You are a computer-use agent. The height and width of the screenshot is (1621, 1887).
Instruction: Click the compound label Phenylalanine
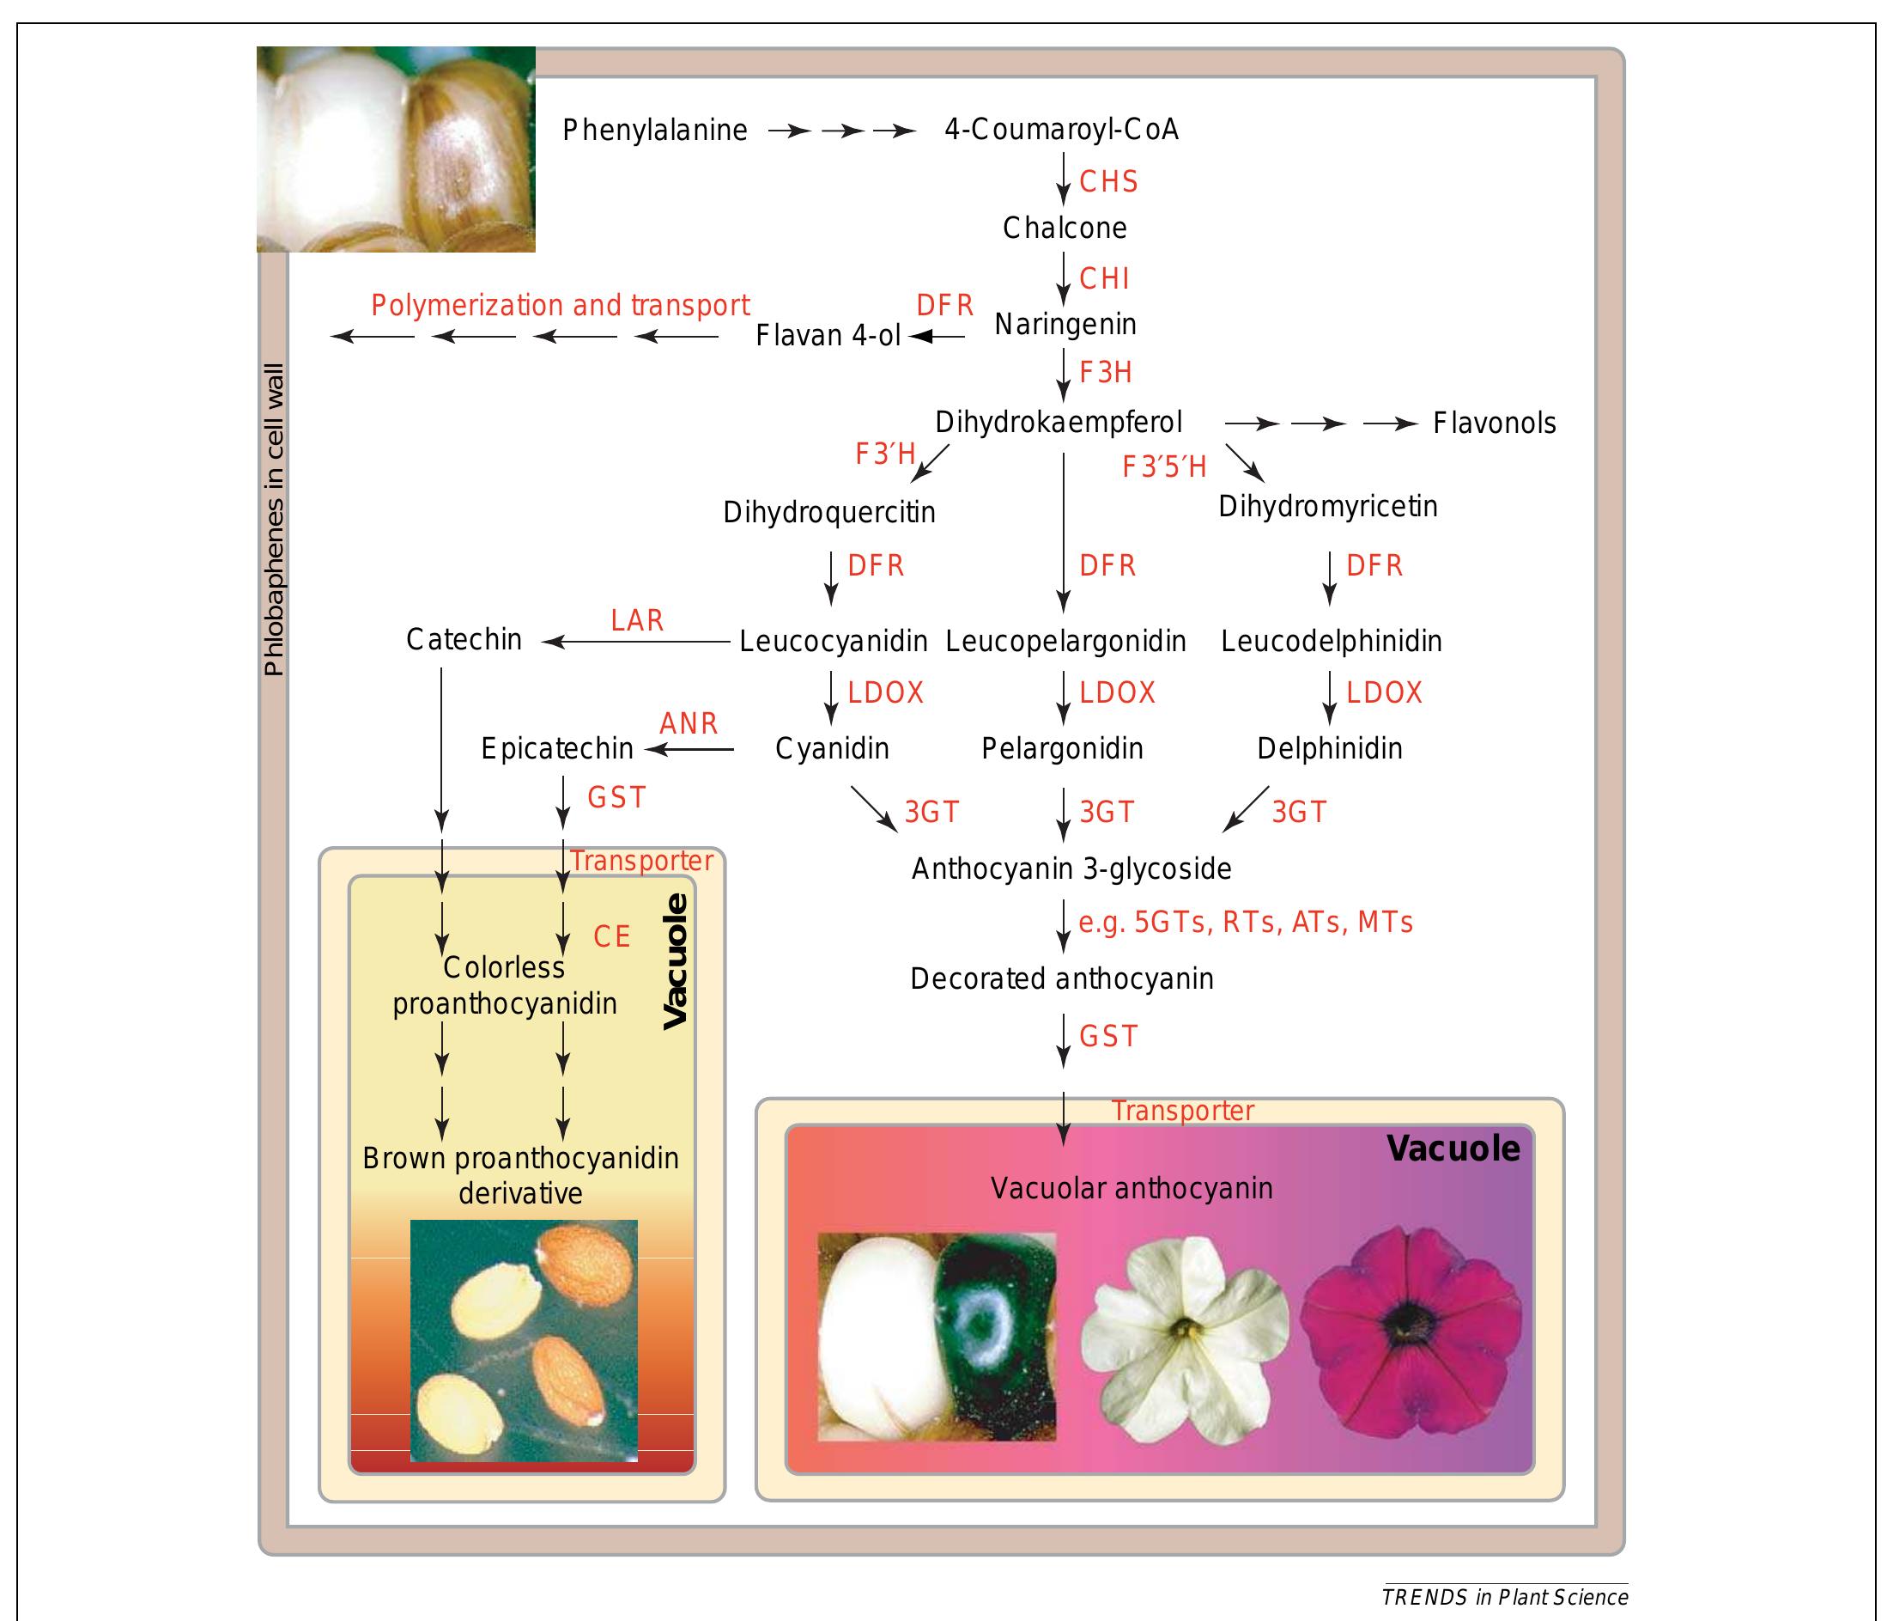click(x=655, y=131)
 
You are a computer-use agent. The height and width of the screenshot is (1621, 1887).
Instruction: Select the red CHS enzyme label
click(x=1108, y=182)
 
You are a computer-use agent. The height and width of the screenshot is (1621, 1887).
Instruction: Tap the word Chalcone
click(x=1065, y=228)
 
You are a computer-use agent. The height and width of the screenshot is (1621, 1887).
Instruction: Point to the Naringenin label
click(x=1065, y=325)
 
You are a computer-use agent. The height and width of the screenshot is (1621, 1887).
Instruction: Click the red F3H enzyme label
click(x=1106, y=373)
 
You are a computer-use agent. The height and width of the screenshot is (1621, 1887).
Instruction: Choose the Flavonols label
click(x=1494, y=424)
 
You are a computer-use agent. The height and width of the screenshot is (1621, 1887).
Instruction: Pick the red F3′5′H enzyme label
click(x=1164, y=467)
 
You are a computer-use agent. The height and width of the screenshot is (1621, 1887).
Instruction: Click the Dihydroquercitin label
click(x=828, y=513)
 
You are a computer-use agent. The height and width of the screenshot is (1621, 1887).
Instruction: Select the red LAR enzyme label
click(x=637, y=620)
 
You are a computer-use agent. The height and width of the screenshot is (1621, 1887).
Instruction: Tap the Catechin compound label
click(x=464, y=640)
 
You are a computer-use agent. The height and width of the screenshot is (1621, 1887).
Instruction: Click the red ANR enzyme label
click(x=689, y=723)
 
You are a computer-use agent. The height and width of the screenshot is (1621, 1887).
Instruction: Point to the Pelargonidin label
click(x=1062, y=749)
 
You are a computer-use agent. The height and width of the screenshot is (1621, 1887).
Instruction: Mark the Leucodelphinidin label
click(x=1331, y=642)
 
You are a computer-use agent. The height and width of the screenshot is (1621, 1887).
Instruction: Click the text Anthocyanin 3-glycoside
click(x=1071, y=869)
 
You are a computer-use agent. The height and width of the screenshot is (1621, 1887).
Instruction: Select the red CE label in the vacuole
click(x=612, y=936)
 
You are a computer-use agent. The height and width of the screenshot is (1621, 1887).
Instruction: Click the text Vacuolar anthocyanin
click(x=1132, y=1188)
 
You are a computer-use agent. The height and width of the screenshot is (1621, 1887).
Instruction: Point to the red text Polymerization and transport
click(x=560, y=305)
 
